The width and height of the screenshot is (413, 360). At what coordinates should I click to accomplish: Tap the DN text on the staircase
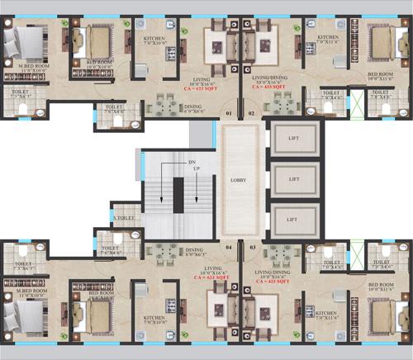coord(192,161)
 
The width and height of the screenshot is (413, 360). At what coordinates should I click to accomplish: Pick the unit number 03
coord(251,245)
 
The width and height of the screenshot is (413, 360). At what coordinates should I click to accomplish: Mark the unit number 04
coord(228,245)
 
